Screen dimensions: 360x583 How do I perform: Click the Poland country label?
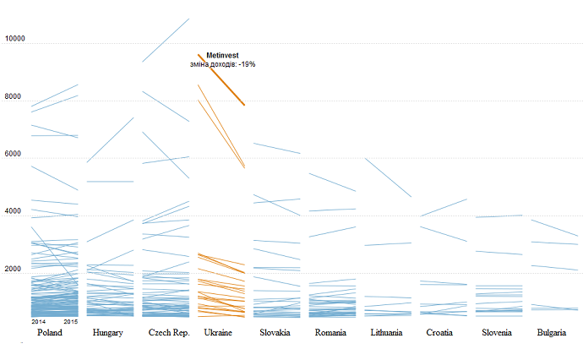tap(50, 333)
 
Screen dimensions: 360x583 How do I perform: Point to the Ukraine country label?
tap(219, 333)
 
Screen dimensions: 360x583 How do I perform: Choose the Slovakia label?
tap(275, 333)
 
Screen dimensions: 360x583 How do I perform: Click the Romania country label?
tap(330, 333)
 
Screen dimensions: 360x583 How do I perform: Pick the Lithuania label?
tap(391, 333)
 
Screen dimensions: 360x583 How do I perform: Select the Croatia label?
tap(444, 333)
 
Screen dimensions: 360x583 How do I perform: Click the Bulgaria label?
tap(556, 333)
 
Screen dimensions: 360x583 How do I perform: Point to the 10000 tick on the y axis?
tap(14, 39)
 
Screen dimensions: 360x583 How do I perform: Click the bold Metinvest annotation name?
tap(222, 56)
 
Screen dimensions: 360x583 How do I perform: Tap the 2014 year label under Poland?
tap(39, 322)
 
